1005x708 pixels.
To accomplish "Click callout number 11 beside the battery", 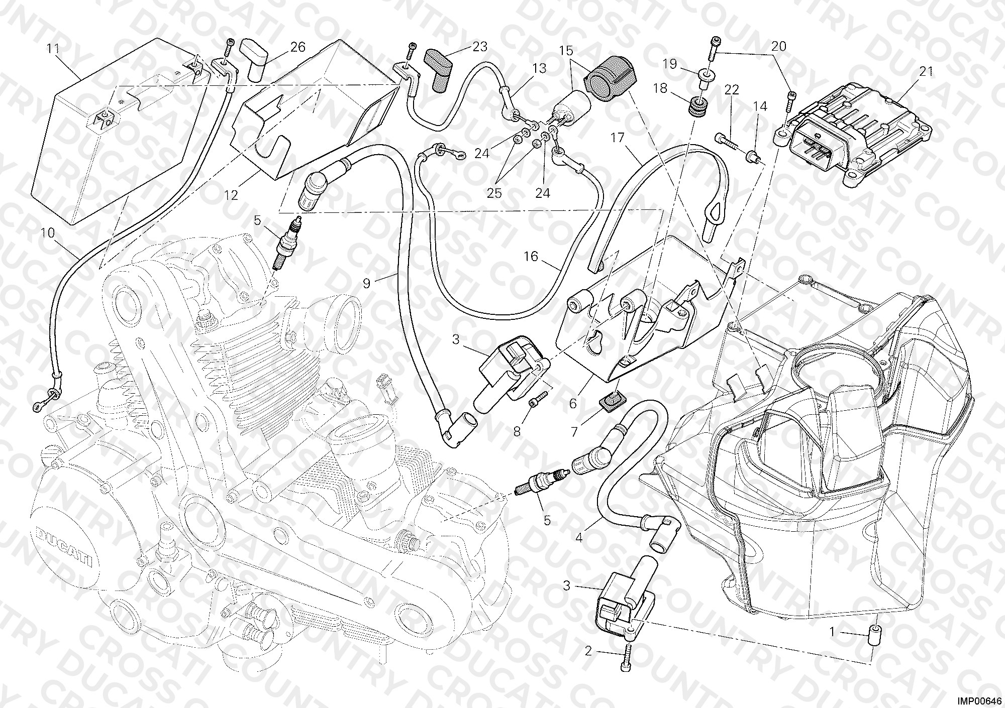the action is tap(53, 49).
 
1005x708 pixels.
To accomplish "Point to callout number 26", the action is tap(297, 47).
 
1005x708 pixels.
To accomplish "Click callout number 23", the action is tap(480, 47).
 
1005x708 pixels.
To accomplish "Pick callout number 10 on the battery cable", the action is tap(48, 233).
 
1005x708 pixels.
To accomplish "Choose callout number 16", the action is tap(531, 257).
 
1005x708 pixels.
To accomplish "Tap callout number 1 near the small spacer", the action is tap(832, 632).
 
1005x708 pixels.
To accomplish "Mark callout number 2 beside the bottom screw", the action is tap(588, 652).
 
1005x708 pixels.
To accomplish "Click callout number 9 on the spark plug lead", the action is tap(366, 284).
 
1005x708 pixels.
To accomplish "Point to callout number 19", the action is tap(670, 64).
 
